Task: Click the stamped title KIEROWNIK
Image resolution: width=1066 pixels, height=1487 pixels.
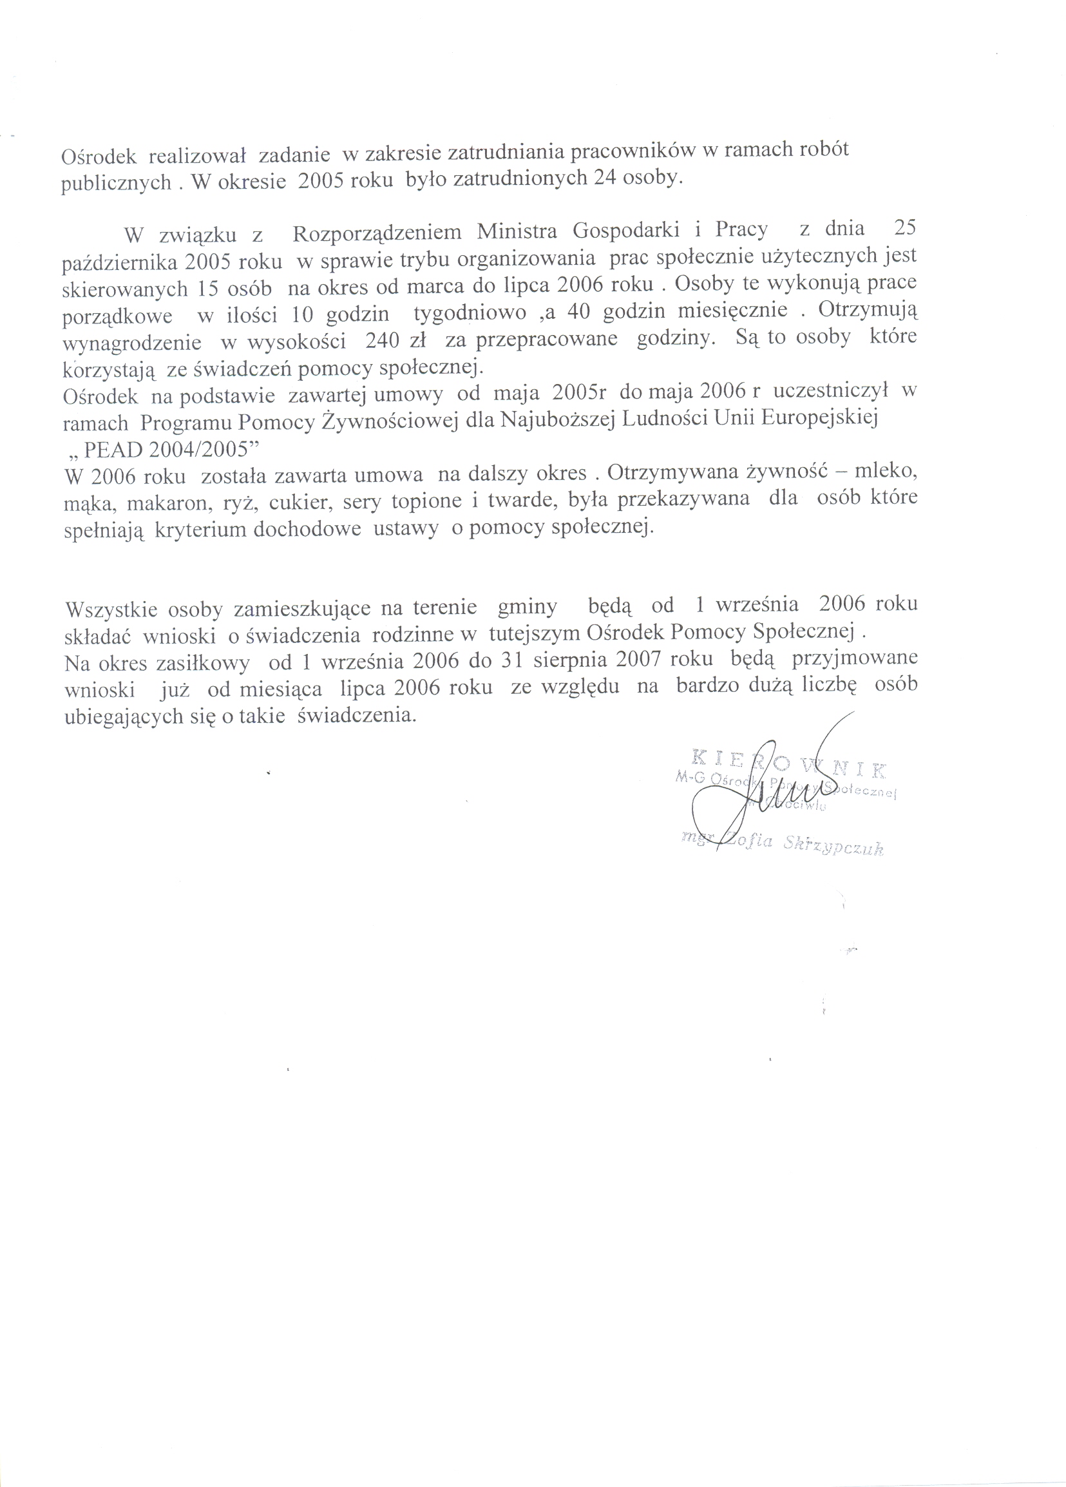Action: click(x=788, y=763)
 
